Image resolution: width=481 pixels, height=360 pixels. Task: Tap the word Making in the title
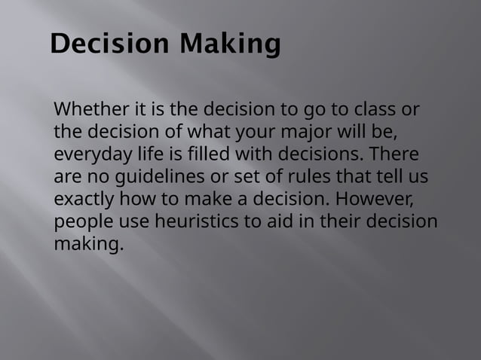point(229,44)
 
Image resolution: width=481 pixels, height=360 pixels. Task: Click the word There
point(393,155)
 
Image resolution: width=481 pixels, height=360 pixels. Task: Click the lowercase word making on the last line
point(87,246)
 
